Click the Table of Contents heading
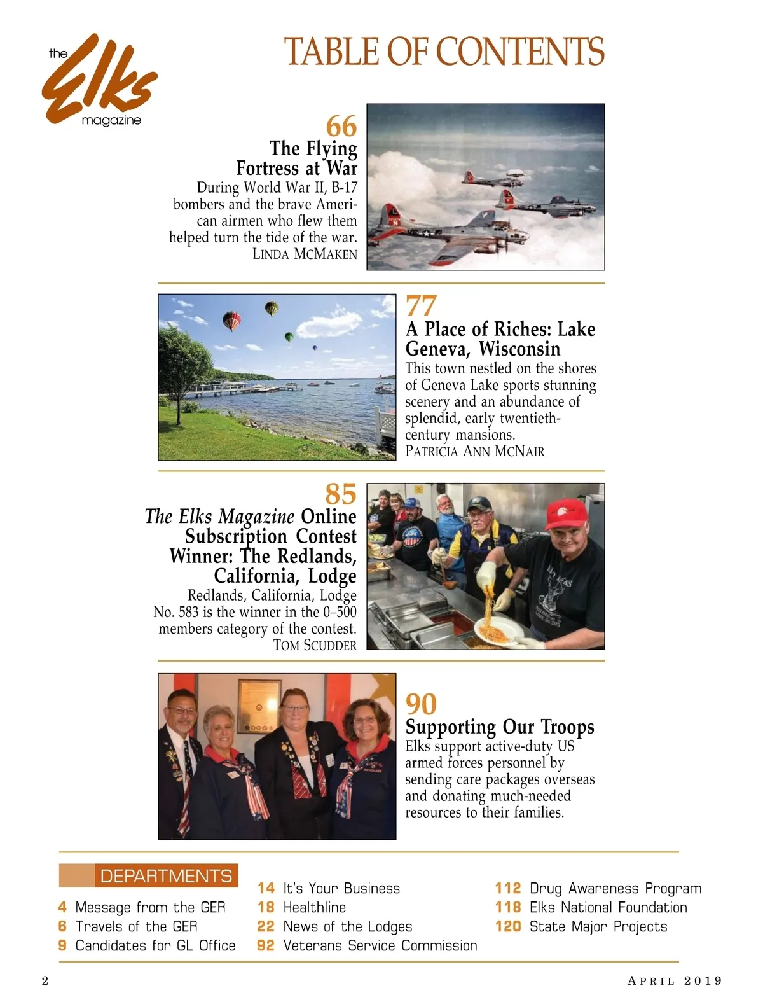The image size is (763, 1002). [444, 52]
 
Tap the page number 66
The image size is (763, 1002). [341, 126]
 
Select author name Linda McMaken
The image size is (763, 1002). [305, 254]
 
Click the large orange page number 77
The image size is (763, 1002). [421, 306]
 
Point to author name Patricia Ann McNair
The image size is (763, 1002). [474, 451]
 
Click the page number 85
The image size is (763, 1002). [341, 494]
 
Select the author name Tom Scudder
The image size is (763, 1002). [315, 645]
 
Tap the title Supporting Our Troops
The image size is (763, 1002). [500, 727]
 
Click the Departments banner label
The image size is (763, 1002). [165, 876]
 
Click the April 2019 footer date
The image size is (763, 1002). [675, 980]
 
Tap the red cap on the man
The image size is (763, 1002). [565, 513]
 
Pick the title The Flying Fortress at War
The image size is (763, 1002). [297, 158]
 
